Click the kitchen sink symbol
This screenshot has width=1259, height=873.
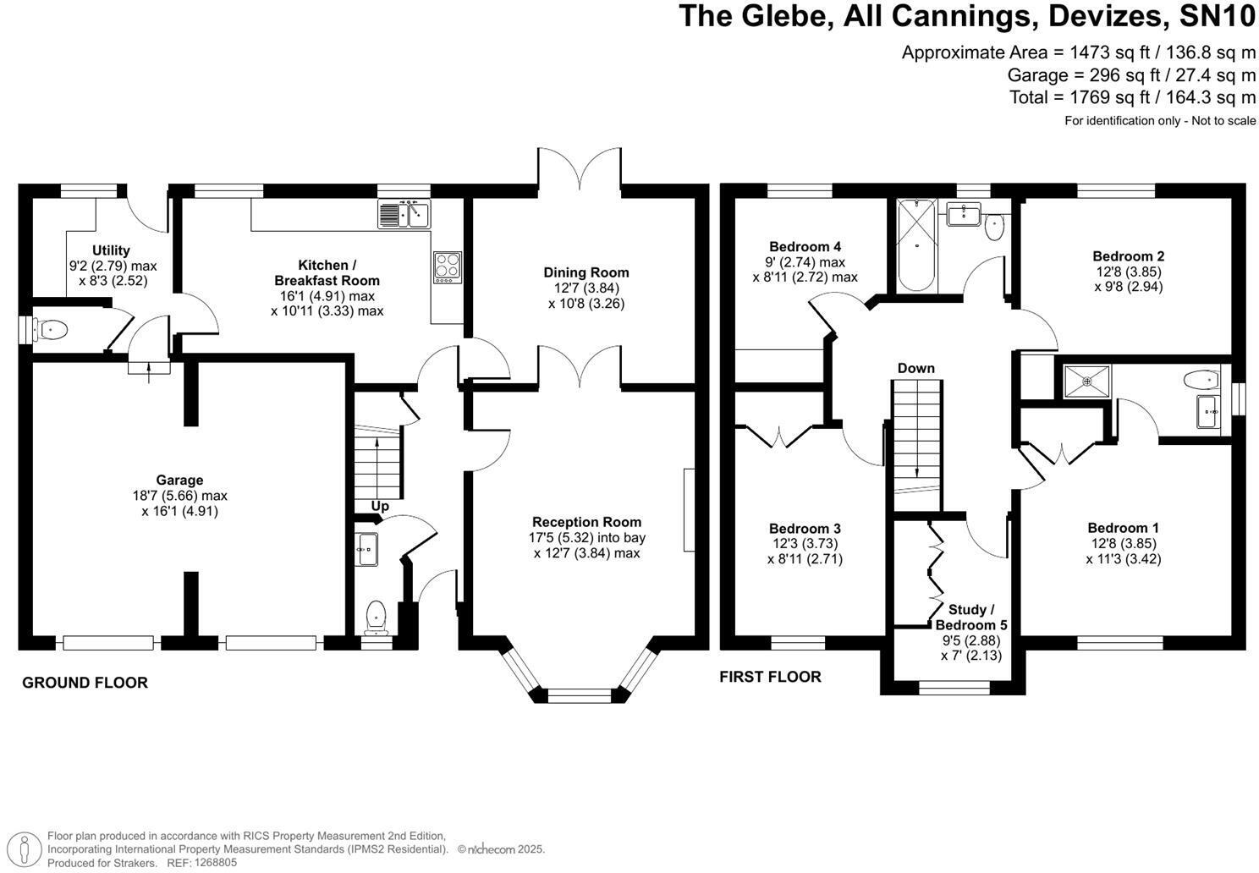point(404,214)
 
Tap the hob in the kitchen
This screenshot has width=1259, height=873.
point(447,266)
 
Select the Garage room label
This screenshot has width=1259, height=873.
point(179,480)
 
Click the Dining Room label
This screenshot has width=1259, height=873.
point(586,272)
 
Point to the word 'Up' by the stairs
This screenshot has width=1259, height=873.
point(380,506)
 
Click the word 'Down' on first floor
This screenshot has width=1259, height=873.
point(915,368)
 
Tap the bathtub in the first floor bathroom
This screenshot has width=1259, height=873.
point(916,244)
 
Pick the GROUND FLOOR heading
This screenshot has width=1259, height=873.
point(85,683)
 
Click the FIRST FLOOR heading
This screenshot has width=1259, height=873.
point(770,677)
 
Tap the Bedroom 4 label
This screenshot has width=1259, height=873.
point(805,247)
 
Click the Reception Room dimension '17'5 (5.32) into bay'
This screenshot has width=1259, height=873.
point(586,537)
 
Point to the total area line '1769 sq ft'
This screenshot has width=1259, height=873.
point(1132,97)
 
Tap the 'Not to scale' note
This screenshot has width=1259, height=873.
point(1223,121)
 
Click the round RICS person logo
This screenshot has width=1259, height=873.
point(28,848)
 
